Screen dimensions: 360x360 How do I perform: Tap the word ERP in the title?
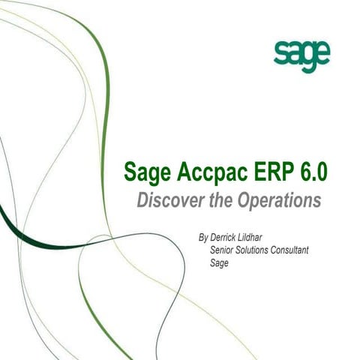268,173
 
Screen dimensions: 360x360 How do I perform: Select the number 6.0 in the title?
312,173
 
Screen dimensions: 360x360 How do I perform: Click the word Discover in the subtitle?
167,202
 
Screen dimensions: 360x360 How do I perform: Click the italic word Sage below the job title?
220,263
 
